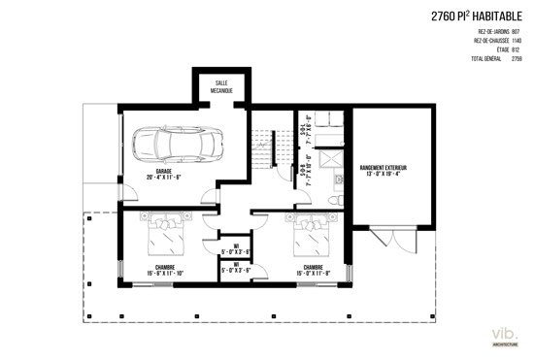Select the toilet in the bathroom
click(333, 198)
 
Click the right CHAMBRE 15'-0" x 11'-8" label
click(313, 270)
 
